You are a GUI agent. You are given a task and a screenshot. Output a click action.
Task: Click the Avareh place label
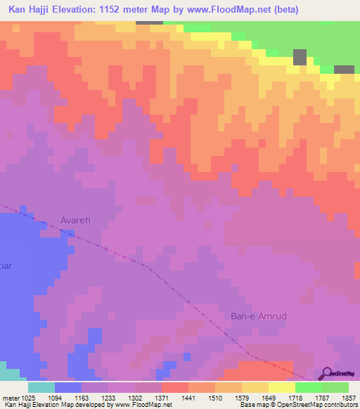click(x=75, y=220)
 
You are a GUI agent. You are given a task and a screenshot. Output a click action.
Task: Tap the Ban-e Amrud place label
click(x=259, y=316)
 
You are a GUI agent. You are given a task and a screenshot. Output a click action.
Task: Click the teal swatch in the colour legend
click(x=41, y=387)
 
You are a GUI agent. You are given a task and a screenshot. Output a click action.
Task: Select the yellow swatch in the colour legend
click(x=281, y=387)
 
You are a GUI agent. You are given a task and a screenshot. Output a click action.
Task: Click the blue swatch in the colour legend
click(x=67, y=387)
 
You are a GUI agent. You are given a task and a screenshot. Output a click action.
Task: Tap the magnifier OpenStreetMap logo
click(x=326, y=374)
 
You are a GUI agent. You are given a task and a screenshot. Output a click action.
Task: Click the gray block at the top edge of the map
click(x=149, y=22)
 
